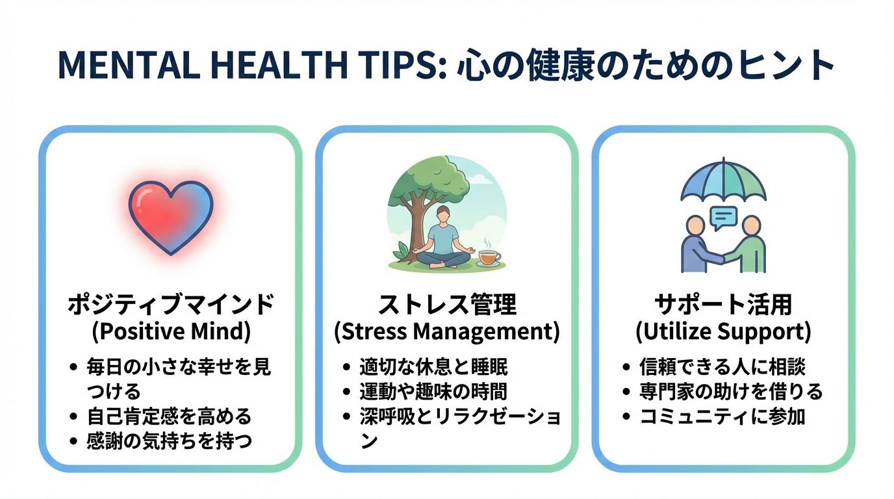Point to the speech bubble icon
[723, 218]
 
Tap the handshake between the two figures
[723, 259]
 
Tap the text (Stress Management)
[447, 332]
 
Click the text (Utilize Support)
[723, 332]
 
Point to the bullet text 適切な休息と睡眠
[433, 366]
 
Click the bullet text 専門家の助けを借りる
[731, 391]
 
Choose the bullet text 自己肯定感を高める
[169, 416]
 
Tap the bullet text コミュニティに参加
[722, 416]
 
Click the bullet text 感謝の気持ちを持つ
[169, 441]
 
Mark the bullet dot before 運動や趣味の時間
[346, 391]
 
